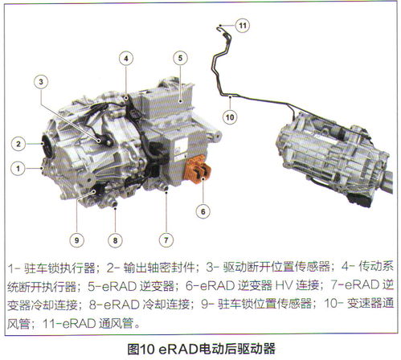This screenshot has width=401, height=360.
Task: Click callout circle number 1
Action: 18,169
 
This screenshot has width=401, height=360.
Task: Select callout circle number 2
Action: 18,144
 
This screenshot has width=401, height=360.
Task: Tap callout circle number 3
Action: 41,82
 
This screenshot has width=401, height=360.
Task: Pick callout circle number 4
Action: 126,59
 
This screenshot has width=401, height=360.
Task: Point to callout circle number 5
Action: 180,58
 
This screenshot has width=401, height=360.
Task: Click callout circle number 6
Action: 203,211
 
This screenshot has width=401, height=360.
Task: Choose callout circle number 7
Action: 166,240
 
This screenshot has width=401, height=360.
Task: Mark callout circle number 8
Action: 115,240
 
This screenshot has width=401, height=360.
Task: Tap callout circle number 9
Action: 76,240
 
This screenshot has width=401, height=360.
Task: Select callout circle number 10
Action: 230,117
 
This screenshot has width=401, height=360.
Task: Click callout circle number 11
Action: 243,26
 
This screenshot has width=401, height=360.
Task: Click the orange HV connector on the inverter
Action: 198,170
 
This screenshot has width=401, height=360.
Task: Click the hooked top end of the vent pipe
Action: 220,27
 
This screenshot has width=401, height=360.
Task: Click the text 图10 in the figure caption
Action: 140,349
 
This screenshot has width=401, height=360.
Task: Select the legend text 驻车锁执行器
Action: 59,268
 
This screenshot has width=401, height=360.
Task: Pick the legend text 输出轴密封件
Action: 159,268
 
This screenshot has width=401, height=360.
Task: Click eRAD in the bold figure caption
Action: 178,349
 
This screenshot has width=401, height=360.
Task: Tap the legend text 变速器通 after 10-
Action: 370,304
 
